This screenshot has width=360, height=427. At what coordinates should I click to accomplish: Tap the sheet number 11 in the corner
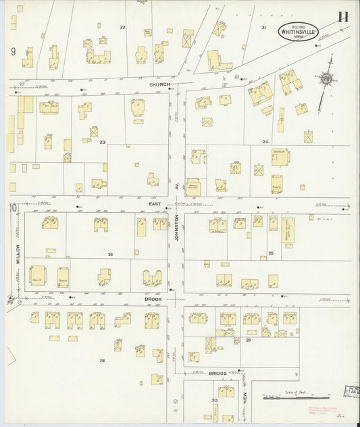point(343,18)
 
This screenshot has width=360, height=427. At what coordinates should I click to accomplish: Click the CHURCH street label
point(160,85)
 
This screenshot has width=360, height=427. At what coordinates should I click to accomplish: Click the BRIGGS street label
point(217,372)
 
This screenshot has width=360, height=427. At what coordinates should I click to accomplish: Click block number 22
point(122,27)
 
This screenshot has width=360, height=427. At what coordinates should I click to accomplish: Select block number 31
point(264,27)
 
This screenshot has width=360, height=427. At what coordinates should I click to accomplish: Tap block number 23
point(103,142)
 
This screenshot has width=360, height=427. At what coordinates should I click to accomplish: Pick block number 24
point(265,142)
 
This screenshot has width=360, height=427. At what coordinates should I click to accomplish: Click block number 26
point(109,254)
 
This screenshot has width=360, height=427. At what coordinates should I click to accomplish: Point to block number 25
point(270,253)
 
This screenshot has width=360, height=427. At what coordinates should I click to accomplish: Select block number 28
point(102,361)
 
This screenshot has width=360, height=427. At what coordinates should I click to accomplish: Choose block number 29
point(248,341)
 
